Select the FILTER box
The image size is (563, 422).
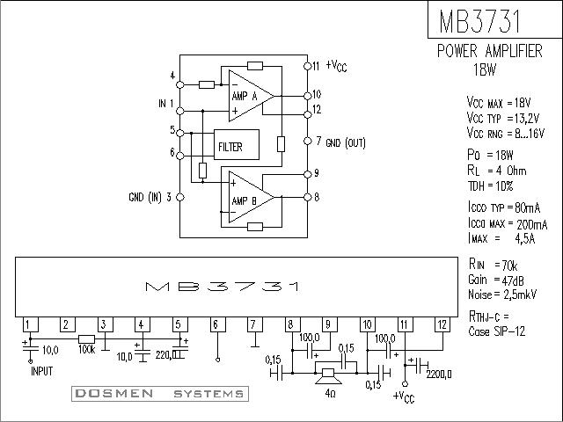237,144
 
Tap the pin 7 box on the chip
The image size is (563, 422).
255,324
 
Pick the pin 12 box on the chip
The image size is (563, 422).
442,324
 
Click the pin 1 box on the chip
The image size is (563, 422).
31,324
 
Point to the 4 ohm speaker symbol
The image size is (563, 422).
328,376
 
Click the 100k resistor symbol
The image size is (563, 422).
86,339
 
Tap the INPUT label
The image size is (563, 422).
42,371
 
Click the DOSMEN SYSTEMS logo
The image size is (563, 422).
160,394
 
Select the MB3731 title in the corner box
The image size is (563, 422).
479,21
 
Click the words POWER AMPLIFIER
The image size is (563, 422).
490,51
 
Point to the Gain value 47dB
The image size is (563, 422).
513,280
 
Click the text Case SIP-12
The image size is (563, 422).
496,331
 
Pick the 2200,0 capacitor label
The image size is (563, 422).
439,375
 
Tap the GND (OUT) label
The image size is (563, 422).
346,142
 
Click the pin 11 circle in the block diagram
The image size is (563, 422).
307,66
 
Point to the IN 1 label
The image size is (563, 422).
166,104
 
